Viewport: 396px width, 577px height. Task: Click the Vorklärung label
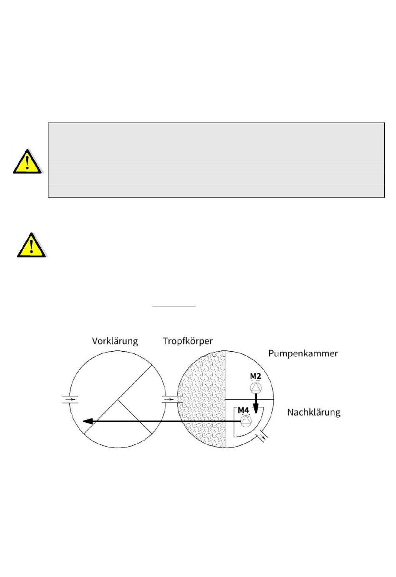click(115, 341)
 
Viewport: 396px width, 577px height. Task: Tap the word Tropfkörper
click(187, 341)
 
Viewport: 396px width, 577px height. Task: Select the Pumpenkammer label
click(303, 354)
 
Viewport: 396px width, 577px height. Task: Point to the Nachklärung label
click(313, 413)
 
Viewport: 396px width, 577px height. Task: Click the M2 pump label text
click(256, 376)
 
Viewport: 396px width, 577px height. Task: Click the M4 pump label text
click(243, 411)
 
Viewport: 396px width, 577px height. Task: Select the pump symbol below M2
click(256, 388)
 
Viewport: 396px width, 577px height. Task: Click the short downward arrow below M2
click(256, 404)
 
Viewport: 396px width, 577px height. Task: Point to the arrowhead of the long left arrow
click(88, 421)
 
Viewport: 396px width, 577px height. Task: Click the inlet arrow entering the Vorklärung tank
click(70, 399)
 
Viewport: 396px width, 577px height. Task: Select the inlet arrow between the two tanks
click(170, 399)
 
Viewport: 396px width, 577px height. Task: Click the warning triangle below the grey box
click(31, 245)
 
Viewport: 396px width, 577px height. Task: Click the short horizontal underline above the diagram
click(174, 307)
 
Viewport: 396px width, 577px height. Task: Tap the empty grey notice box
click(216, 160)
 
